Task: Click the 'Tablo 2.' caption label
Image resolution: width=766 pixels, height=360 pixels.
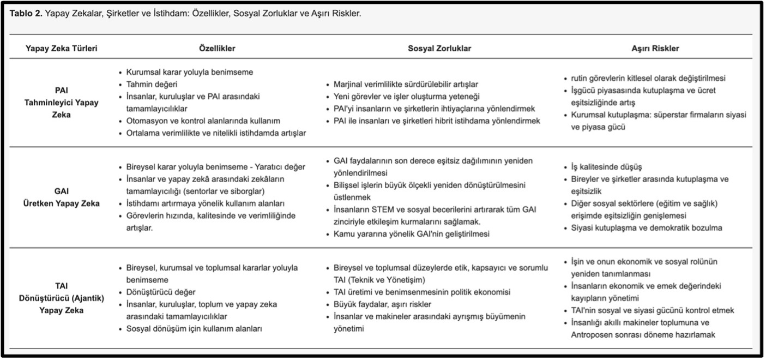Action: [26, 14]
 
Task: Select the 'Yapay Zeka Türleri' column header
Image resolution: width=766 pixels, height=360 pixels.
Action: [62, 49]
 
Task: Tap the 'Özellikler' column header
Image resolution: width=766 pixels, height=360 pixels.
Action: [218, 49]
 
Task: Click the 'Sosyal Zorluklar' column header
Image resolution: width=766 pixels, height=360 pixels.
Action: [439, 49]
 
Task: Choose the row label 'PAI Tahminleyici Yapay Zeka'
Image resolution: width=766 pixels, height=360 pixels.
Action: [62, 102]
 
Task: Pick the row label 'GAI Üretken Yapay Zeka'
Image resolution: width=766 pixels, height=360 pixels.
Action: [62, 197]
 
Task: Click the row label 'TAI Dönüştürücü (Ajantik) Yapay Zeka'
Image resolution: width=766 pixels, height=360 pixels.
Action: [62, 297]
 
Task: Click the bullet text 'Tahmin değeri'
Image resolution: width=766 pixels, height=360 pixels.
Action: [152, 84]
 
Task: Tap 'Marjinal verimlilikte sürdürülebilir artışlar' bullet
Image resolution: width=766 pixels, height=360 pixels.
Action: [406, 85]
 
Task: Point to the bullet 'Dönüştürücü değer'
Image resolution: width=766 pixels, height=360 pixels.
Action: [161, 292]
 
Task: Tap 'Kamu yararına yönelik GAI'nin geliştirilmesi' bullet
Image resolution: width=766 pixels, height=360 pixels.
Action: [412, 234]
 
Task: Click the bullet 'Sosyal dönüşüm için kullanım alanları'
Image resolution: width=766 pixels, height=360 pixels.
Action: [195, 329]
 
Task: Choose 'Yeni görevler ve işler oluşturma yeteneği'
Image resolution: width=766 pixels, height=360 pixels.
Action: [406, 97]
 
